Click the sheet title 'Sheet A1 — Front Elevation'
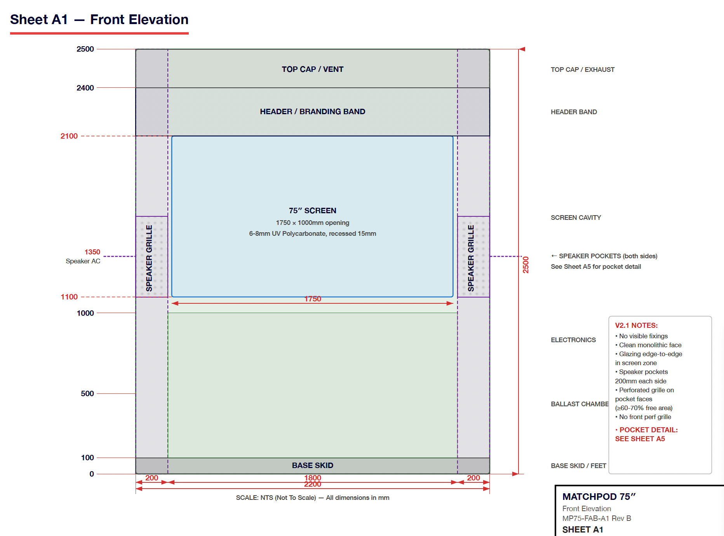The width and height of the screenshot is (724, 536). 99,20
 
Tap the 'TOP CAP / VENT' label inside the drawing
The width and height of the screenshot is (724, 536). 312,69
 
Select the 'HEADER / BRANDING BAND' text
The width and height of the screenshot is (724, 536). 312,111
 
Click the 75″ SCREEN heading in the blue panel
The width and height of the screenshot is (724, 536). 312,211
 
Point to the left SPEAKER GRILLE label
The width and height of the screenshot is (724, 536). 149,258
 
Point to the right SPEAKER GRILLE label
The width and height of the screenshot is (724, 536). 471,258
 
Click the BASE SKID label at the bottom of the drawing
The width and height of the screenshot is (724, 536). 312,465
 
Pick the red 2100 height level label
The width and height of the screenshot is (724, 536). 69,136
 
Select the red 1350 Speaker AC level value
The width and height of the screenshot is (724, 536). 92,252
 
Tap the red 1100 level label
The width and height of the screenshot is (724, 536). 69,297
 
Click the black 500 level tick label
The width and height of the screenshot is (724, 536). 87,393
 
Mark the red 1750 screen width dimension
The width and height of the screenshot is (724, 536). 313,299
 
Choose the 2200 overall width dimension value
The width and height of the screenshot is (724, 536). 313,484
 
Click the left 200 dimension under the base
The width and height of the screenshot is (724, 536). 151,478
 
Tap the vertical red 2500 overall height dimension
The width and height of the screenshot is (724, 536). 526,265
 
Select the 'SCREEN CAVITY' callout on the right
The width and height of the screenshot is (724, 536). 576,218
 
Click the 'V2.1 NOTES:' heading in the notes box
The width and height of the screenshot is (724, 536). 636,325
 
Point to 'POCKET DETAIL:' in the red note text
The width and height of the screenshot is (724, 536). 648,430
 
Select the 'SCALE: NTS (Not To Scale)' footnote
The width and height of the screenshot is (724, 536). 276,498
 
